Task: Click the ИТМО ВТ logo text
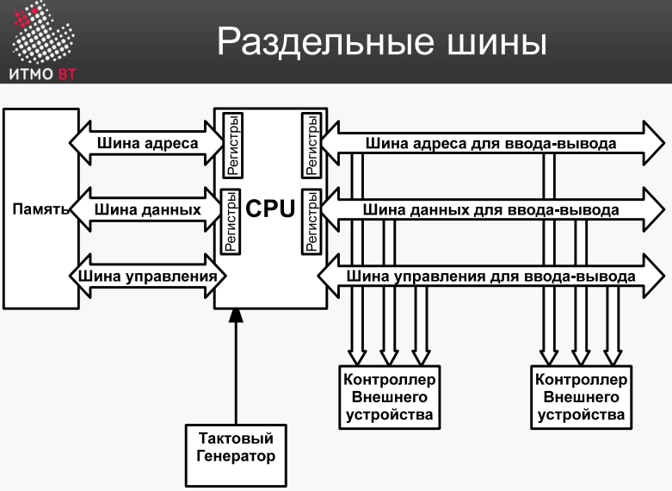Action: pyautogui.click(x=42, y=74)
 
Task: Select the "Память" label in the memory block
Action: pyautogui.click(x=40, y=209)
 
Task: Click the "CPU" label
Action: pyautogui.click(x=270, y=208)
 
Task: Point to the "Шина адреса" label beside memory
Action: pyautogui.click(x=147, y=143)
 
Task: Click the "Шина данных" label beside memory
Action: pyautogui.click(x=147, y=209)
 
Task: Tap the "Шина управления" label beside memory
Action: pyautogui.click(x=147, y=276)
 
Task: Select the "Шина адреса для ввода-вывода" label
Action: pyautogui.click(x=490, y=143)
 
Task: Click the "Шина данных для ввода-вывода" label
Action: pyautogui.click(x=490, y=210)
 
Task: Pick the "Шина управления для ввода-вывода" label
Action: pyautogui.click(x=490, y=277)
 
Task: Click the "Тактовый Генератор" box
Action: pyautogui.click(x=236, y=456)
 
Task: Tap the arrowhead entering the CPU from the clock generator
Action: pyautogui.click(x=236, y=315)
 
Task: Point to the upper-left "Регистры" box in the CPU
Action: pyautogui.click(x=233, y=146)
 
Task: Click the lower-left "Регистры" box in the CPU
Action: pyautogui.click(x=230, y=222)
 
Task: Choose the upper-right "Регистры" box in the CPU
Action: pyautogui.click(x=311, y=146)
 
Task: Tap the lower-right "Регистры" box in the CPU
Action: pyautogui.click(x=311, y=222)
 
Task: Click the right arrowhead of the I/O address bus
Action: pyautogui.click(x=654, y=143)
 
